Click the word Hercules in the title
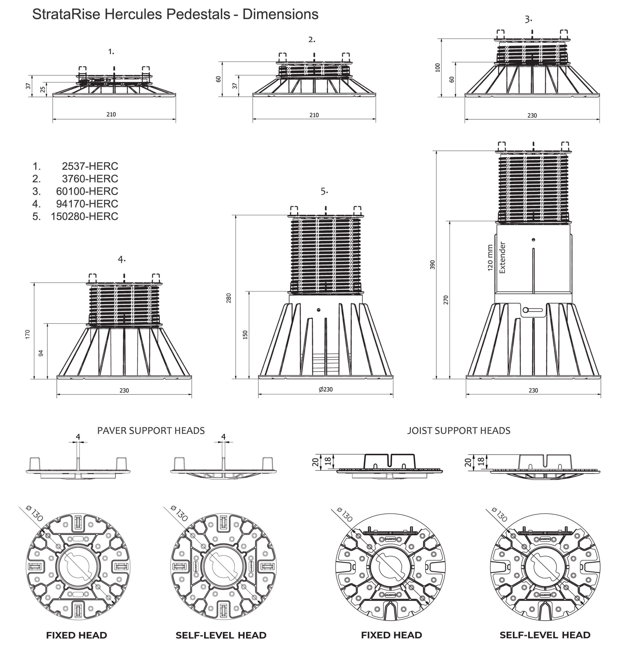(x=134, y=14)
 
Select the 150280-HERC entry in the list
(x=84, y=216)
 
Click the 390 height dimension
(x=432, y=265)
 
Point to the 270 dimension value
(x=446, y=300)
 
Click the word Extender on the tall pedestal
(x=502, y=258)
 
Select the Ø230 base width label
(x=326, y=389)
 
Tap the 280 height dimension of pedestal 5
(x=228, y=298)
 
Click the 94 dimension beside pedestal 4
(x=41, y=353)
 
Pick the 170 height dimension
(x=28, y=334)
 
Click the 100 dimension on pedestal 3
(x=438, y=68)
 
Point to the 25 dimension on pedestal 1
(x=42, y=90)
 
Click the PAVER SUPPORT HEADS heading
(x=151, y=431)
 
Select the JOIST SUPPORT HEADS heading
(x=458, y=431)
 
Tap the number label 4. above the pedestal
(x=121, y=259)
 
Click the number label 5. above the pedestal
(x=324, y=191)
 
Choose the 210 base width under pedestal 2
(x=314, y=115)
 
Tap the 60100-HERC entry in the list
(x=87, y=191)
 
